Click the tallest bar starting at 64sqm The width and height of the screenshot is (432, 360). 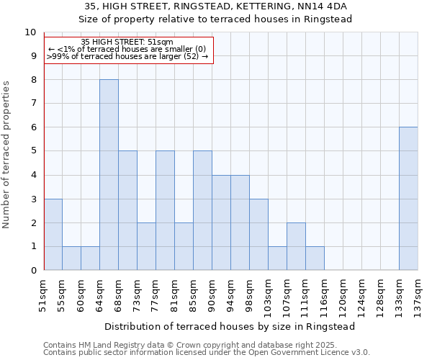109,175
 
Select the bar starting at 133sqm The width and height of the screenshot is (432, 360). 408,199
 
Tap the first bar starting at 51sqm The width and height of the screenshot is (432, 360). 53,235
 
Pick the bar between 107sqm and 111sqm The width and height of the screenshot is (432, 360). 296,246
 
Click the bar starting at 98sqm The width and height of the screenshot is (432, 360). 258,235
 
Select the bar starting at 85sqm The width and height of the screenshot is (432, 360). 202,210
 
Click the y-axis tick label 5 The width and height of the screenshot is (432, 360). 32,151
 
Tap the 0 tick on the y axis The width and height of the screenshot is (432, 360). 32,271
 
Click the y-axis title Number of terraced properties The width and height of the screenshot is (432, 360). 7,155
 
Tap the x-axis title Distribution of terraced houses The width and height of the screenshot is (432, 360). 230,326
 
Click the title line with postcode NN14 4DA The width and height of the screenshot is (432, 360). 215,6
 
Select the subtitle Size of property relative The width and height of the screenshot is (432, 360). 215,19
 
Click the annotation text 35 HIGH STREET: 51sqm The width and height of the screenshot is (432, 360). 127,42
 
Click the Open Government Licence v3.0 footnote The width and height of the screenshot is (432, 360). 207,353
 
